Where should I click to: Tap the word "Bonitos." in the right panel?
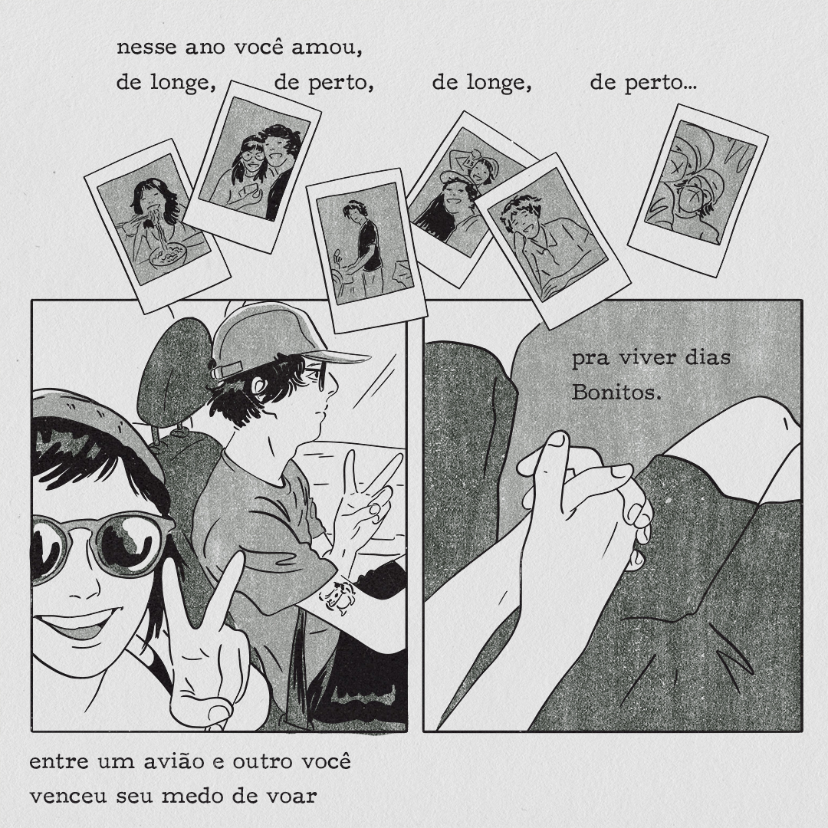click(x=616, y=393)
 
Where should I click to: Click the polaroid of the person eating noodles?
click(x=157, y=225)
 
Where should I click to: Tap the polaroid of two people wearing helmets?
click(x=698, y=190)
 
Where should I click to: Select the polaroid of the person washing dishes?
click(x=366, y=249)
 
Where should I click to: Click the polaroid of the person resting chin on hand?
click(x=553, y=241)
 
